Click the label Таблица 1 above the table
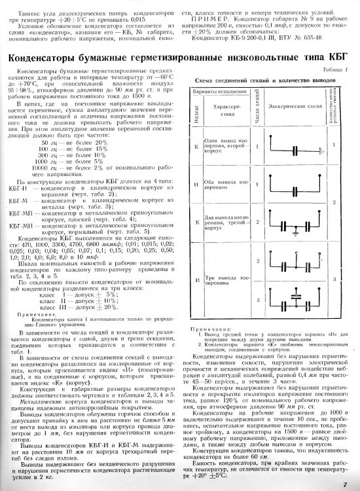[336, 68]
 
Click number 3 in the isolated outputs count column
[336, 278]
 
